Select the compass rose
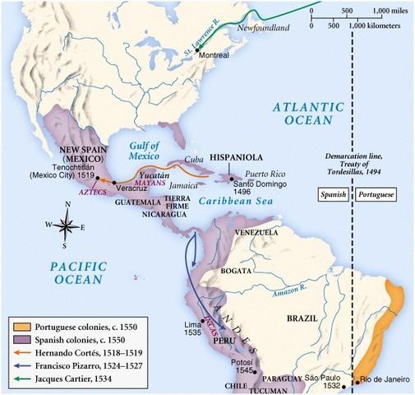[x=70, y=225]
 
